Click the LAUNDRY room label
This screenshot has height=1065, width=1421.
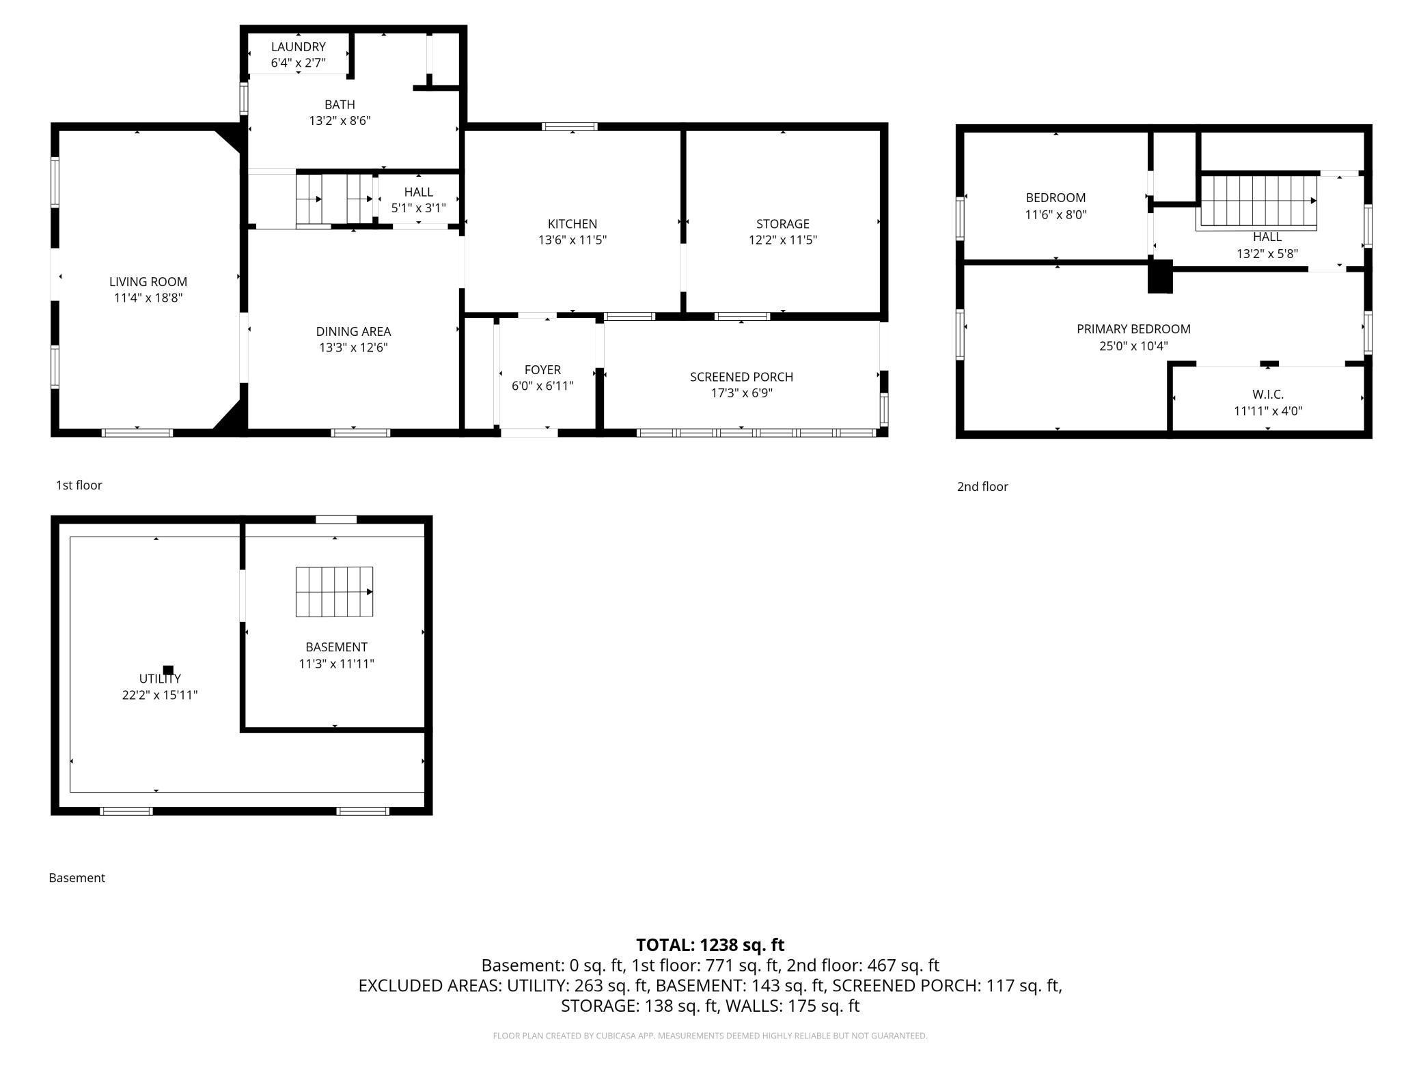[x=298, y=47]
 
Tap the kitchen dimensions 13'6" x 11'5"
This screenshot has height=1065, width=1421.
[x=572, y=240]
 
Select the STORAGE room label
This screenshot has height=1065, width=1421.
[x=782, y=224]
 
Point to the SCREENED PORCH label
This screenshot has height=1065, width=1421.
[x=741, y=377]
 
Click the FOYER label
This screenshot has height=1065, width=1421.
[x=542, y=370]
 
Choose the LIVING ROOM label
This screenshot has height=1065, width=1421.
[x=148, y=282]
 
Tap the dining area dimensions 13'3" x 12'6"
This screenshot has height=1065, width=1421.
[x=353, y=347]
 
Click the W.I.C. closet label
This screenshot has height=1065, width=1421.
[x=1267, y=395]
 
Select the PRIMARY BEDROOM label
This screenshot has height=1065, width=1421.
[x=1133, y=329]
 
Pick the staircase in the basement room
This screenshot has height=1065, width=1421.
[x=334, y=592]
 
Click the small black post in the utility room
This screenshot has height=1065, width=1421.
[x=168, y=670]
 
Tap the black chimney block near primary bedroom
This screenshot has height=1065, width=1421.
[x=1159, y=276]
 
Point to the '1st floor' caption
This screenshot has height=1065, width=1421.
[x=79, y=485]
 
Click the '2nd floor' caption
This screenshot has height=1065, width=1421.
[x=982, y=487]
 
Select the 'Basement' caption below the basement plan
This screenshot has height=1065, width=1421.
[x=77, y=878]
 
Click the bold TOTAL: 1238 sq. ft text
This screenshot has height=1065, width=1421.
[x=710, y=945]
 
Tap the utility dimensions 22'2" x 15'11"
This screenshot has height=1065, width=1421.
[x=160, y=695]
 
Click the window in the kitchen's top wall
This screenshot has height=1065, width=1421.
[x=569, y=126]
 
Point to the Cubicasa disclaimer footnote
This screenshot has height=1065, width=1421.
[x=710, y=1036]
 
